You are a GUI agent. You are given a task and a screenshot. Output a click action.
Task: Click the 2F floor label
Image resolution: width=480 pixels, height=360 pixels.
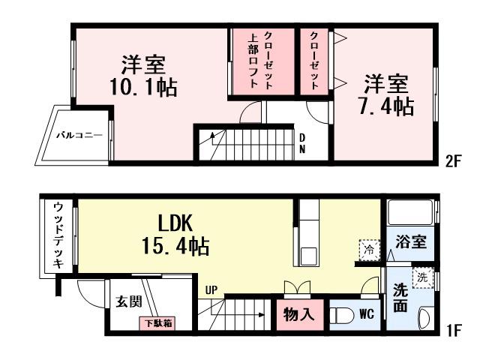coord(451,160)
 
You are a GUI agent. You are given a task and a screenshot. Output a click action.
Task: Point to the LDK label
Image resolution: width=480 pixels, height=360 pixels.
coord(177,223)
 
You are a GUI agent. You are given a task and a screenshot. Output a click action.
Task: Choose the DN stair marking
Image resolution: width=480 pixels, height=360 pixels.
coord(301,142)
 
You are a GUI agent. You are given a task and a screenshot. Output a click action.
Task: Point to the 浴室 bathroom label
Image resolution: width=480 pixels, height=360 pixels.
coord(412,242)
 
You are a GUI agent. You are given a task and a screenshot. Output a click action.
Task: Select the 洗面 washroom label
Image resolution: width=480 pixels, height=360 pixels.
coord(401,297)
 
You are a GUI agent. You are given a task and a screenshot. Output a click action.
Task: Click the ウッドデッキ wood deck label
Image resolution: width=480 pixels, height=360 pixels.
coord(58,235)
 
